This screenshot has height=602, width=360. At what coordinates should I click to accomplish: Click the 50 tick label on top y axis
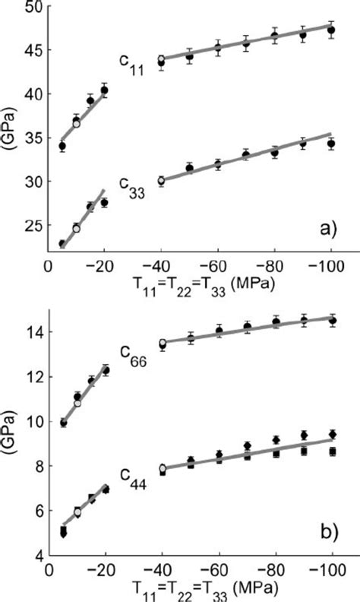tap(33, 8)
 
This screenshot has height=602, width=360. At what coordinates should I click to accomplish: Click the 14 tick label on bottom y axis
tap(33, 332)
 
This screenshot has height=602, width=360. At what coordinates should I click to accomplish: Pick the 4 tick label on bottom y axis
tap(37, 556)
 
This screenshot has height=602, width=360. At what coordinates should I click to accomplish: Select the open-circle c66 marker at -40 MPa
tap(161, 344)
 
